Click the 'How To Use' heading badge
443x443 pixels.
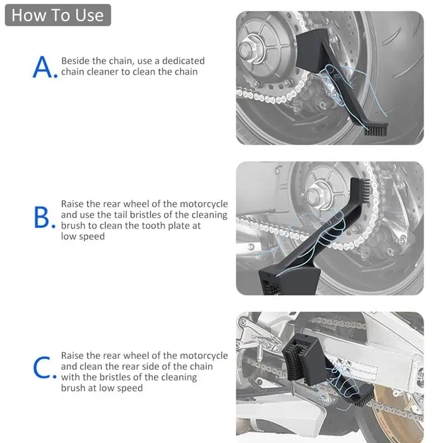coord(58,15)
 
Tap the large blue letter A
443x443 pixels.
coord(43,67)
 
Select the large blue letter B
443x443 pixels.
coord(42,217)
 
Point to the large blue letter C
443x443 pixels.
coord(43,367)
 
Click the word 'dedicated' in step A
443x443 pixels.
coord(183,61)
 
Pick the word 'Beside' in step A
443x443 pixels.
coord(75,61)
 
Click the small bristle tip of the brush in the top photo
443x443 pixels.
coord(376,131)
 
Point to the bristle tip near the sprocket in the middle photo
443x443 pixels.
coord(365,189)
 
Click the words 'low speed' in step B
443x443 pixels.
coord(83,236)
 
